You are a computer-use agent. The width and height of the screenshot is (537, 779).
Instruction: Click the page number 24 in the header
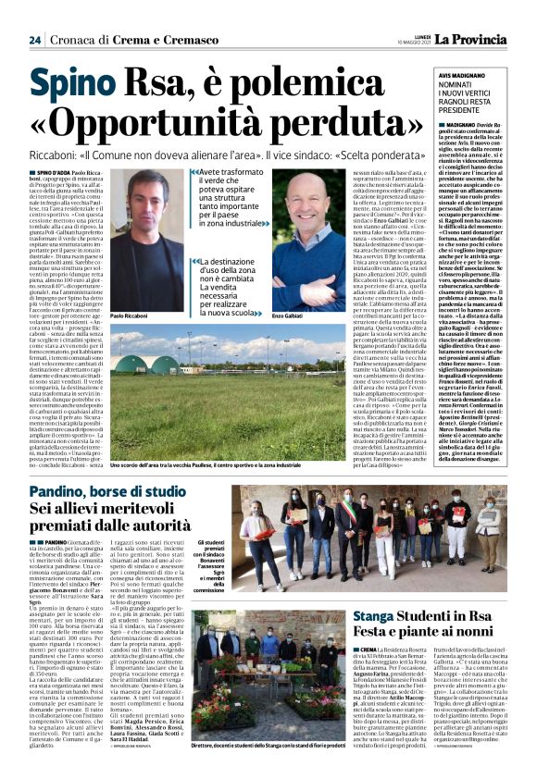tap(34, 41)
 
